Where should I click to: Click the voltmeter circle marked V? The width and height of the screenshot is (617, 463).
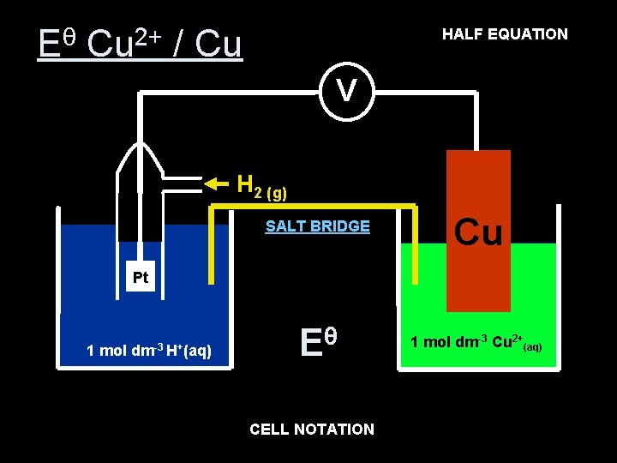point(347,90)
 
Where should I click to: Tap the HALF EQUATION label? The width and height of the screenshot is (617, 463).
point(505,34)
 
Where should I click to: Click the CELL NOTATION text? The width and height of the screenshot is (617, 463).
point(312,429)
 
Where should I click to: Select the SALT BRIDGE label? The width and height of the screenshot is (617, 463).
point(318,226)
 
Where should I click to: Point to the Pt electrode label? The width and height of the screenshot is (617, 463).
point(141,278)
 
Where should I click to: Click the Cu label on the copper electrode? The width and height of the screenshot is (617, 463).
point(478,231)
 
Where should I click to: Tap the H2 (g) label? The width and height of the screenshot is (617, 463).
point(261,185)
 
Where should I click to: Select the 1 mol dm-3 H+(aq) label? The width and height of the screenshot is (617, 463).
point(150,350)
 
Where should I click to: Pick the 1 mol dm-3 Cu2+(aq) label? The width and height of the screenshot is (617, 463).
point(476,343)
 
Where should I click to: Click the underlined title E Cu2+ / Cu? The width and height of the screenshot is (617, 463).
point(141,44)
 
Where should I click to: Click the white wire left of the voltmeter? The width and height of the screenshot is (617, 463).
point(231,93)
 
